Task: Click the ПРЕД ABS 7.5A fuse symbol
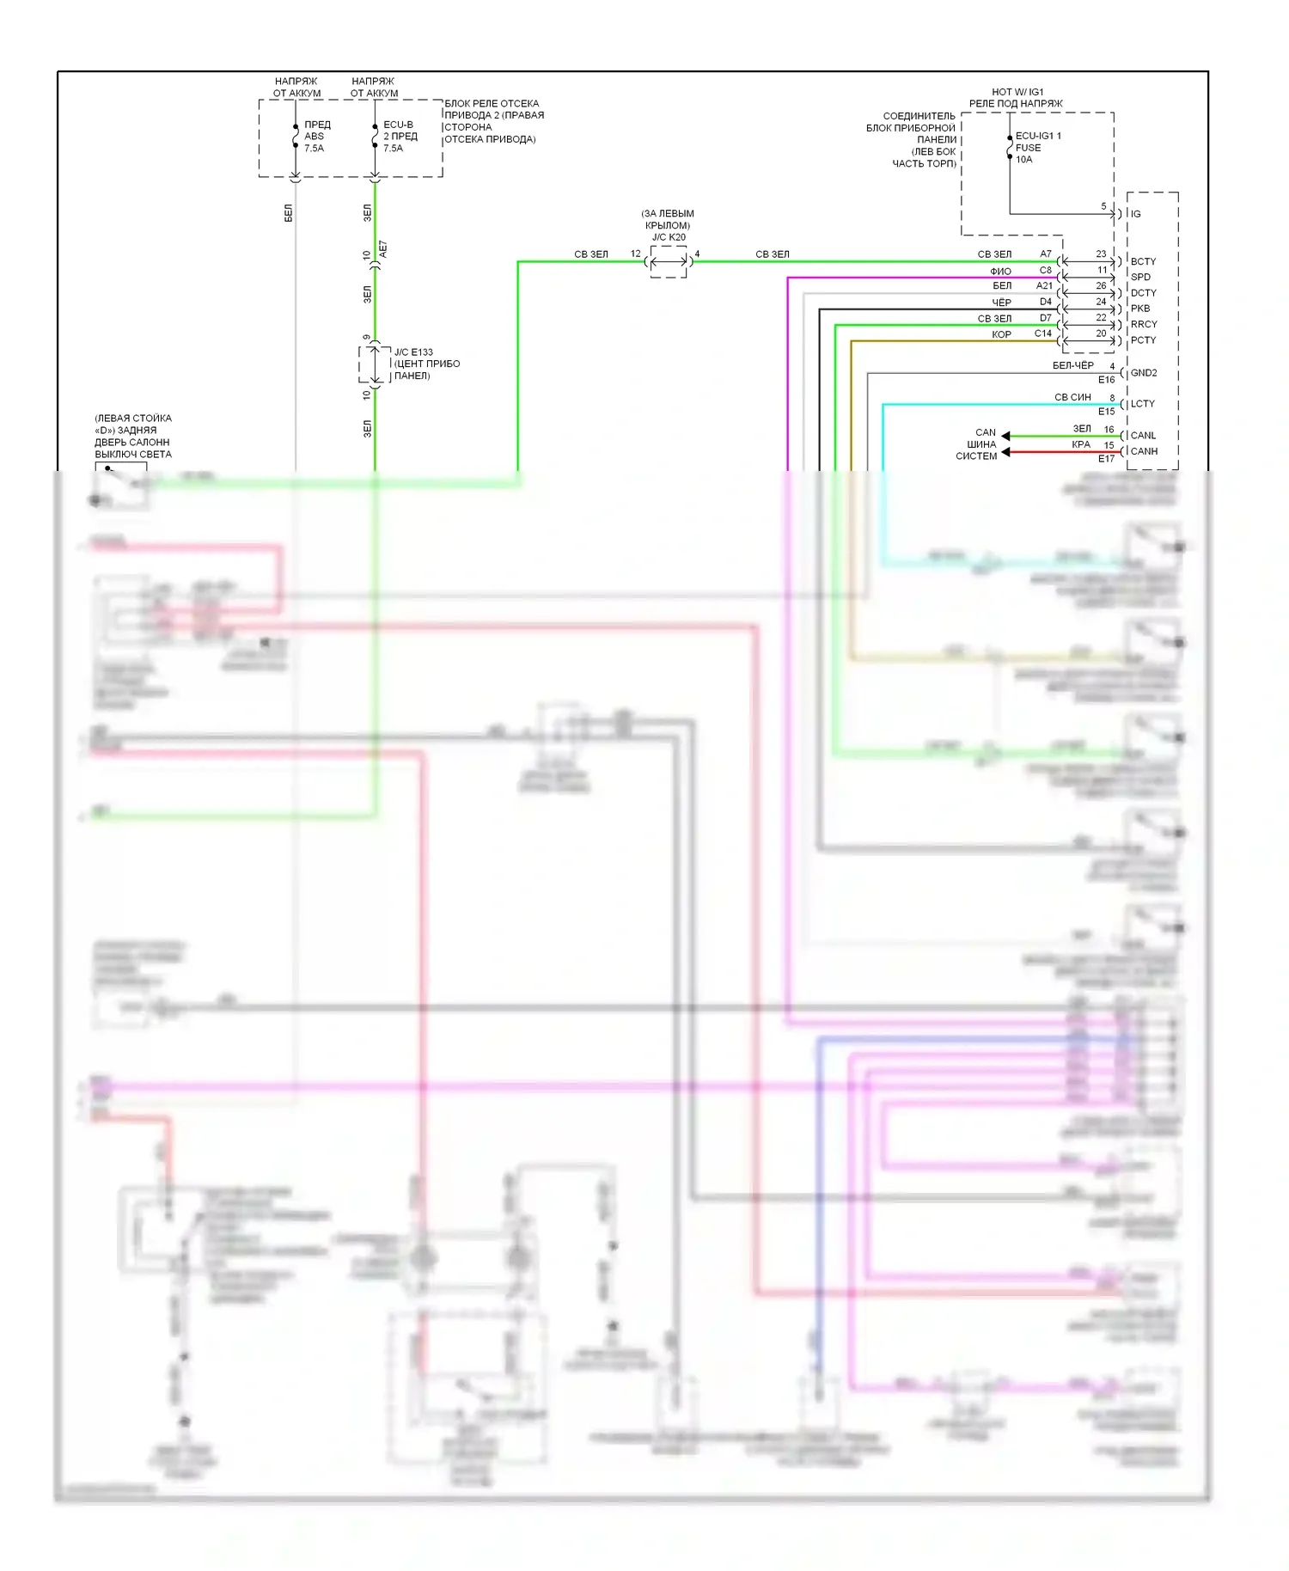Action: pyautogui.click(x=296, y=136)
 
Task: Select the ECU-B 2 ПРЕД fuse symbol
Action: pyautogui.click(x=375, y=136)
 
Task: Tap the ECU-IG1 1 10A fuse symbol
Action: pyautogui.click(x=1010, y=148)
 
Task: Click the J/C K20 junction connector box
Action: pyautogui.click(x=669, y=261)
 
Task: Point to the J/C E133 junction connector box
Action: pyautogui.click(x=375, y=364)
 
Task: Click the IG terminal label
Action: pyautogui.click(x=1135, y=214)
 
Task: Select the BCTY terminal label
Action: pyautogui.click(x=1143, y=261)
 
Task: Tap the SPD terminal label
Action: pyautogui.click(x=1140, y=277)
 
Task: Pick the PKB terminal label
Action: pyautogui.click(x=1140, y=309)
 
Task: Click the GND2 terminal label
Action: pyautogui.click(x=1144, y=373)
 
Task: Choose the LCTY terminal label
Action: pyautogui.click(x=1143, y=404)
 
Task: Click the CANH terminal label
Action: pyautogui.click(x=1144, y=451)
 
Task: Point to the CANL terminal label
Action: pyautogui.click(x=1143, y=436)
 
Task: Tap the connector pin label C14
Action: pyautogui.click(x=1042, y=333)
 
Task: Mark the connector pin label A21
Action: pyautogui.click(x=1044, y=285)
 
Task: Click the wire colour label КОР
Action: pyautogui.click(x=1001, y=334)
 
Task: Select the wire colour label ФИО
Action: pyautogui.click(x=1000, y=272)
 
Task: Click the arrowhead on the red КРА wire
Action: pyautogui.click(x=1006, y=452)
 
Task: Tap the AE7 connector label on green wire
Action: pyautogui.click(x=383, y=250)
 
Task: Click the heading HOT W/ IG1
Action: pyautogui.click(x=1017, y=92)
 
